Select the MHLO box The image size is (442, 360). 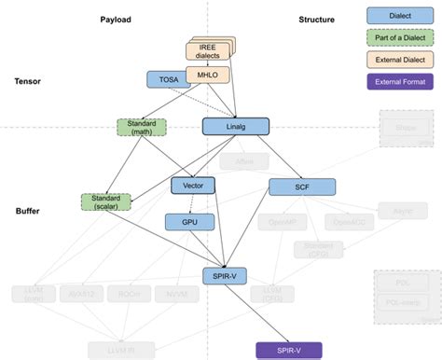(x=206, y=75)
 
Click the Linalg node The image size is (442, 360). (x=235, y=126)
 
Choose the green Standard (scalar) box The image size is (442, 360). (x=108, y=201)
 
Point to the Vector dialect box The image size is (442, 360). (x=193, y=186)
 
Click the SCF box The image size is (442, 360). (x=301, y=187)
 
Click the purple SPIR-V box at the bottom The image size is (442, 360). (x=288, y=349)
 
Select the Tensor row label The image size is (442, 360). (x=27, y=81)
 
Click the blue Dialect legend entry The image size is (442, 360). (x=398, y=16)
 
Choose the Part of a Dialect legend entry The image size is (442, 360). (x=398, y=38)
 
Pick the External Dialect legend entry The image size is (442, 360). (x=398, y=61)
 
